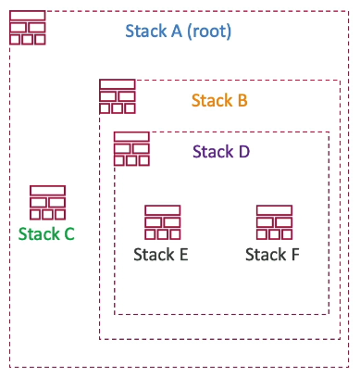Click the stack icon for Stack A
pos(27,28)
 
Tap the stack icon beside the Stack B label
pos(118,97)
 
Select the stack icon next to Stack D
pos(131,149)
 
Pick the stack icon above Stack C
pos(47,203)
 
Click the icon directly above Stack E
pos(162,222)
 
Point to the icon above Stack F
pos(274,222)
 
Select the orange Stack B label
pos(219,100)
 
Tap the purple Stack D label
pos(220,151)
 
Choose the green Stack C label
pos(46,233)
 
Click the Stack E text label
pos(161,254)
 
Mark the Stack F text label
pos(272,254)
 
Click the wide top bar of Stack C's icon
pos(47,191)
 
